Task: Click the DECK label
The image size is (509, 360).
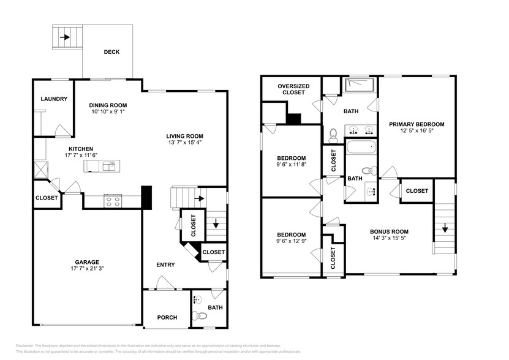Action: [x=111, y=52]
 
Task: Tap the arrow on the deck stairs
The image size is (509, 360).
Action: [x=65, y=37]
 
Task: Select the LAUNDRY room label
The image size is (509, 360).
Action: [x=54, y=99]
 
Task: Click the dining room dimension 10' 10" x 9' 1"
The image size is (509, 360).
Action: [x=108, y=112]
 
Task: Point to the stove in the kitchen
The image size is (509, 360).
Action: [x=113, y=200]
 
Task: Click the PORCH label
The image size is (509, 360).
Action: [x=167, y=317]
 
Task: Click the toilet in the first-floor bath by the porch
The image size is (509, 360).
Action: [x=200, y=316]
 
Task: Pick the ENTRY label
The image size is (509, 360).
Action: [x=165, y=264]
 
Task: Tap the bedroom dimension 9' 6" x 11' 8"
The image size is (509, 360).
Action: [x=291, y=164]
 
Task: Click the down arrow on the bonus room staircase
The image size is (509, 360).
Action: [x=444, y=230]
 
